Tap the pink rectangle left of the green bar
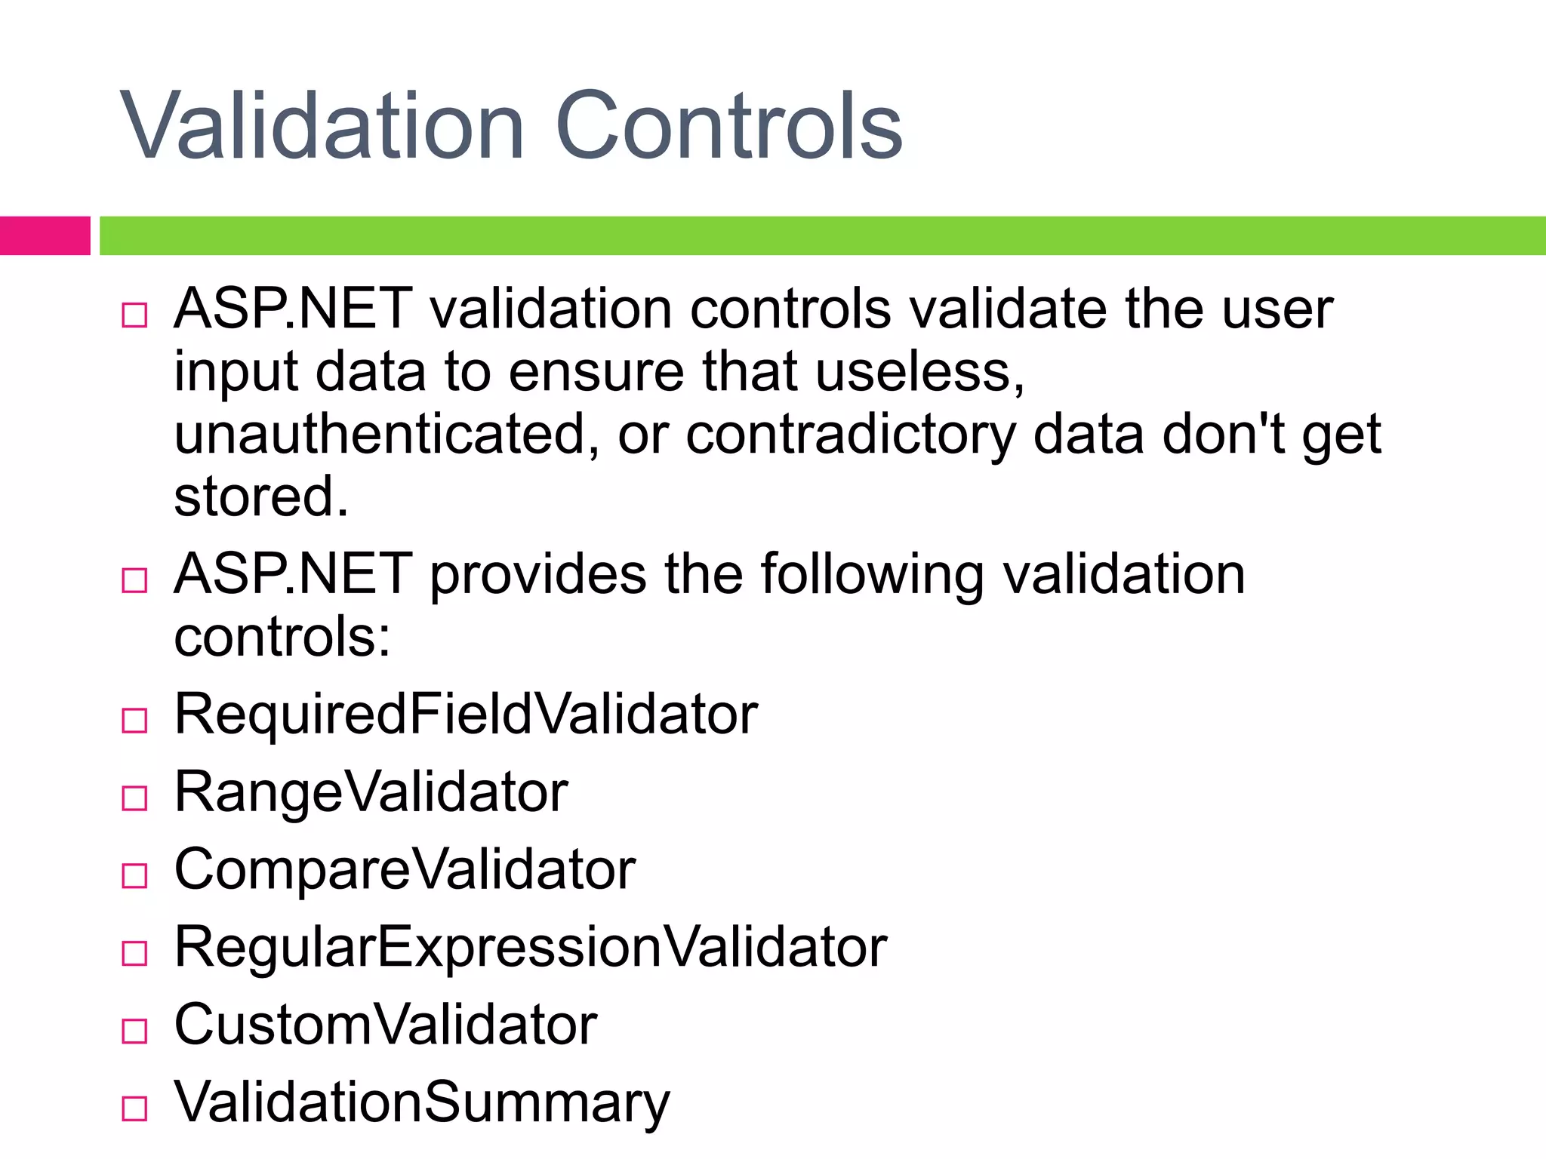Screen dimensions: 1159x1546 tap(45, 235)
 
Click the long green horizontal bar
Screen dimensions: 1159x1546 tap(822, 235)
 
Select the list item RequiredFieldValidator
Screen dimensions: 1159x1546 tap(466, 714)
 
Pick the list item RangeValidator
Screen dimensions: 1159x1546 tap(371, 792)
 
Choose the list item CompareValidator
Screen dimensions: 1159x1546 tap(405, 870)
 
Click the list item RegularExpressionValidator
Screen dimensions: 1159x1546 tap(531, 948)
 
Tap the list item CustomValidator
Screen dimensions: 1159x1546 tap(386, 1025)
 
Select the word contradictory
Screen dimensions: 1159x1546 tap(851, 435)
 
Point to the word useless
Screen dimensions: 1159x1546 tap(919, 372)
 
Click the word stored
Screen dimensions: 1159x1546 tap(261, 497)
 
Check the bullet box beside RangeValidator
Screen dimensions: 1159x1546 tap(134, 798)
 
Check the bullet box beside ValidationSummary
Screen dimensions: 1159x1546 tap(134, 1108)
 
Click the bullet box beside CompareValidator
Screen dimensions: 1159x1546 tap(134, 875)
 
